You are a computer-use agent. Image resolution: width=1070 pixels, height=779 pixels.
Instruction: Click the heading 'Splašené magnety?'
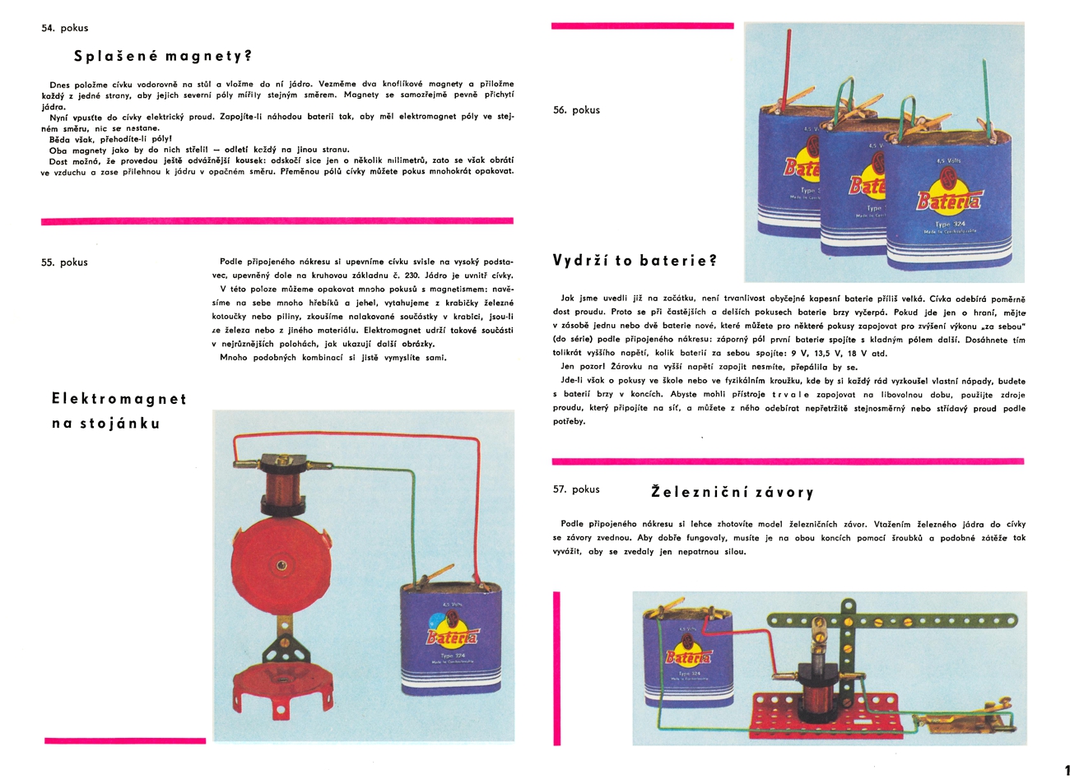[x=162, y=57]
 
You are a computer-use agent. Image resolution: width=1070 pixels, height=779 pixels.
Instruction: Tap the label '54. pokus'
[x=64, y=28]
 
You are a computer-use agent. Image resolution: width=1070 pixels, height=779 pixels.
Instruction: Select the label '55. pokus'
[x=64, y=262]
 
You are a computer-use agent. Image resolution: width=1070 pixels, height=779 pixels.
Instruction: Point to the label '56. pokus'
[x=576, y=110]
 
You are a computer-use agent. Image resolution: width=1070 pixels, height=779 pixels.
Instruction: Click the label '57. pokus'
[x=576, y=489]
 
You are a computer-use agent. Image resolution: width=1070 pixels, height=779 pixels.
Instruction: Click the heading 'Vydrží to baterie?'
[x=635, y=261]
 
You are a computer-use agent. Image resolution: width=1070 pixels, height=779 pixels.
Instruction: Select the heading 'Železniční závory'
[x=732, y=493]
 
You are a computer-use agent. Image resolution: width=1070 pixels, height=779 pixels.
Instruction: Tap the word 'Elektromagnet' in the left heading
[x=119, y=399]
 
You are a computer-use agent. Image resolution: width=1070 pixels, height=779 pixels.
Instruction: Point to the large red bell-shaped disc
[x=281, y=567]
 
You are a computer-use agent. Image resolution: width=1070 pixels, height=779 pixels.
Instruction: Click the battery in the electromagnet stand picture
[x=450, y=642]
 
